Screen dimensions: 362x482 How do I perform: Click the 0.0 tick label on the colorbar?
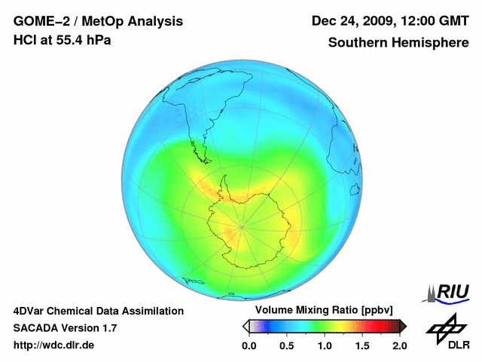point(249,345)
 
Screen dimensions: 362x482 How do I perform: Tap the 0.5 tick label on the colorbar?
point(286,345)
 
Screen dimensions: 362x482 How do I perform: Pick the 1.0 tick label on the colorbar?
point(325,345)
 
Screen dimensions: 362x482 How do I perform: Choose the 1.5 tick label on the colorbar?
point(362,345)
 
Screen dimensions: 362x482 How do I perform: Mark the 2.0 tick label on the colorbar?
point(400,345)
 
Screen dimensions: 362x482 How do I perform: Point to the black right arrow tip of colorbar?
point(404,326)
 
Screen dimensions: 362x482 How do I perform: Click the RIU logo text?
point(454,291)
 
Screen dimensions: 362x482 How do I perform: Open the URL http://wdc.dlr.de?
point(54,345)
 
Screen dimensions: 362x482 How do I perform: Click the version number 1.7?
point(108,328)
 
